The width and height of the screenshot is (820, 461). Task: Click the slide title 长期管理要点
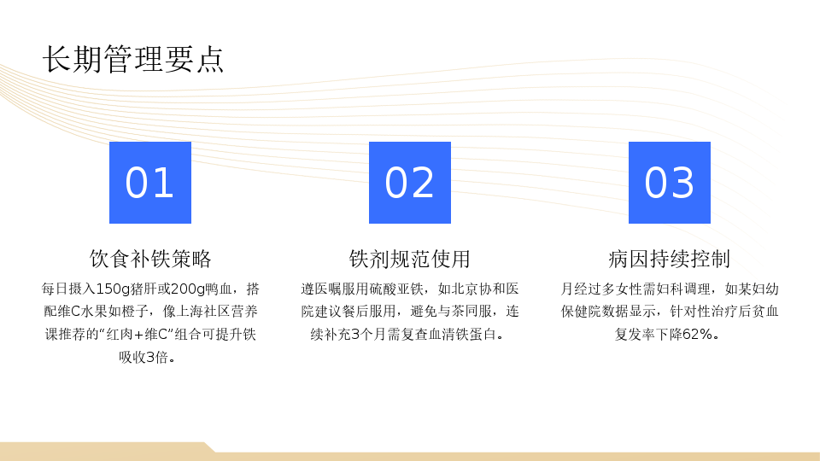point(133,59)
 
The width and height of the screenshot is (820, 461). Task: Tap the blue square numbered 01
point(150,183)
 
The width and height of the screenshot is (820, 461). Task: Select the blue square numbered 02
point(410,183)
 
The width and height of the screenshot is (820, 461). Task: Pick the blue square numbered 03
point(670,183)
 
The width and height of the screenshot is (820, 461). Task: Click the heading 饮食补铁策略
point(150,259)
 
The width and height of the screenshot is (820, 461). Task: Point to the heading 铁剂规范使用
point(410,259)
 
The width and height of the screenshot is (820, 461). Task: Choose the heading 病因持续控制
point(670,259)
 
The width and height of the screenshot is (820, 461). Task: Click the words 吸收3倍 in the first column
point(143,358)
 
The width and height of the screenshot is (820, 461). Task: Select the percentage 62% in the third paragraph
point(698,335)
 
